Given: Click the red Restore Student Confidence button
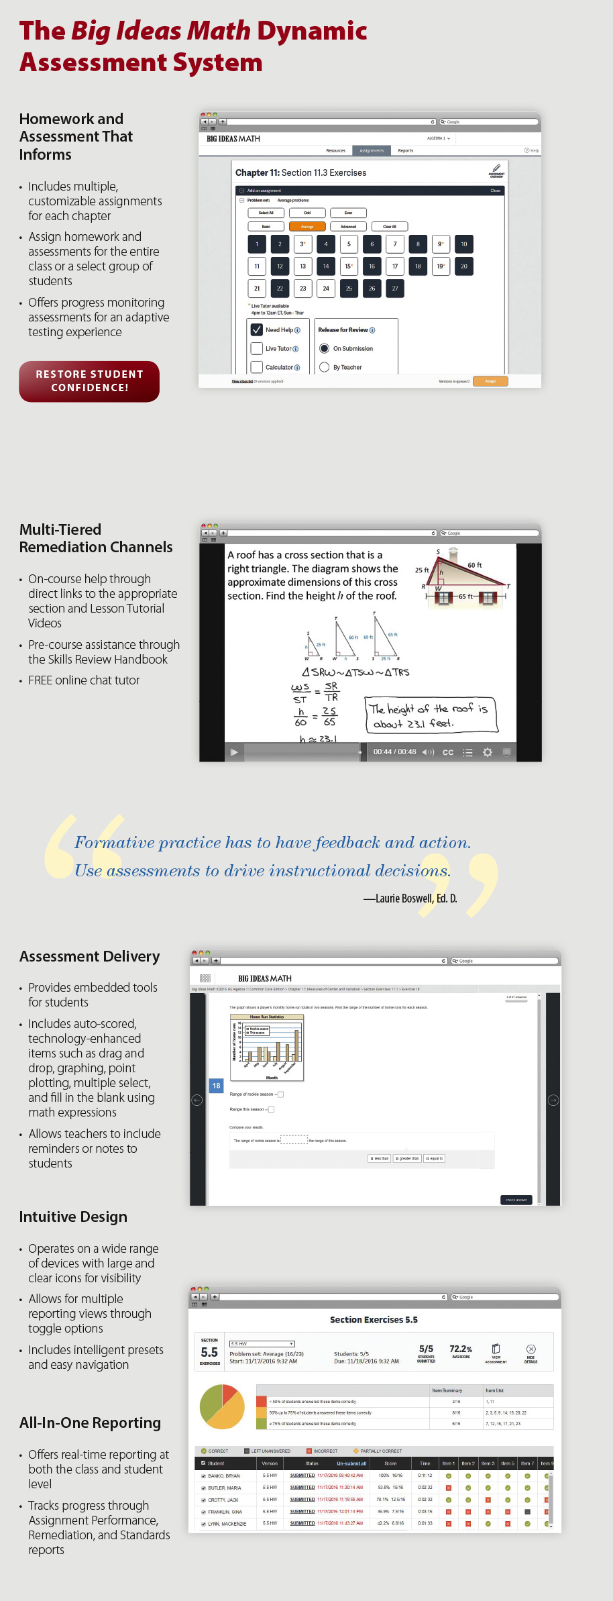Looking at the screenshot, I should [89, 381].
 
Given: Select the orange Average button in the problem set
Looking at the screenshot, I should [307, 227].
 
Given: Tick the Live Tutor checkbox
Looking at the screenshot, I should [257, 349].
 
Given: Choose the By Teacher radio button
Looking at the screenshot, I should [325, 367].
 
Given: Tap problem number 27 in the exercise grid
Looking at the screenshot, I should [395, 289].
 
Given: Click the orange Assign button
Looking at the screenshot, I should [490, 381].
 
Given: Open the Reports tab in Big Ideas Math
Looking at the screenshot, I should [406, 150].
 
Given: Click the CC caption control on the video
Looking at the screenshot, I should [448, 752].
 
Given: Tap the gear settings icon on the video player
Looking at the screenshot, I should [488, 752].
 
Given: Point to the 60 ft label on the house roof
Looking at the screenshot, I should [475, 566].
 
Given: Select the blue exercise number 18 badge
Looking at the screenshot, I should [217, 1086].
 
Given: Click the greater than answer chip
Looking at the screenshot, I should [408, 1158].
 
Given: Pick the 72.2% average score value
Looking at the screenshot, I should [461, 1349].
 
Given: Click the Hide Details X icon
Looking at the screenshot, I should [531, 1349].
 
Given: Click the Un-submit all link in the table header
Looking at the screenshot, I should [351, 1463].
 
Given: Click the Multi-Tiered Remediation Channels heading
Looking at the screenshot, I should [96, 538].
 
